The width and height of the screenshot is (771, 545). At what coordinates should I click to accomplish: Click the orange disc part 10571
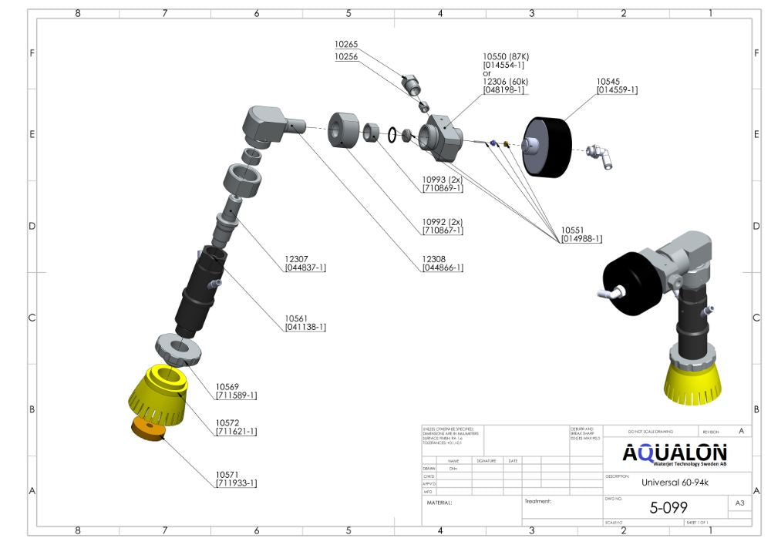click(150, 429)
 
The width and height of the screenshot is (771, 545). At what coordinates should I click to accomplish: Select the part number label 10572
click(228, 423)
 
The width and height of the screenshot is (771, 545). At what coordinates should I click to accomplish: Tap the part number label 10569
click(228, 387)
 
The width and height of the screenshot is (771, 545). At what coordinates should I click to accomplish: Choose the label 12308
click(435, 258)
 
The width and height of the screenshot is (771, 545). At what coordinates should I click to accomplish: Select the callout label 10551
click(573, 230)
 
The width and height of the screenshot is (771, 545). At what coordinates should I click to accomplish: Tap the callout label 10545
click(609, 80)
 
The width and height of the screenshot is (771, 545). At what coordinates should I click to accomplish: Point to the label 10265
click(346, 45)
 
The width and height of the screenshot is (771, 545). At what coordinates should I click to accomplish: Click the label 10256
click(346, 57)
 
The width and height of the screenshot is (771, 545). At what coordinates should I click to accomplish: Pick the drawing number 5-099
click(668, 507)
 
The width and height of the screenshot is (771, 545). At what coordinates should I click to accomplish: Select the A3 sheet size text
click(739, 503)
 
